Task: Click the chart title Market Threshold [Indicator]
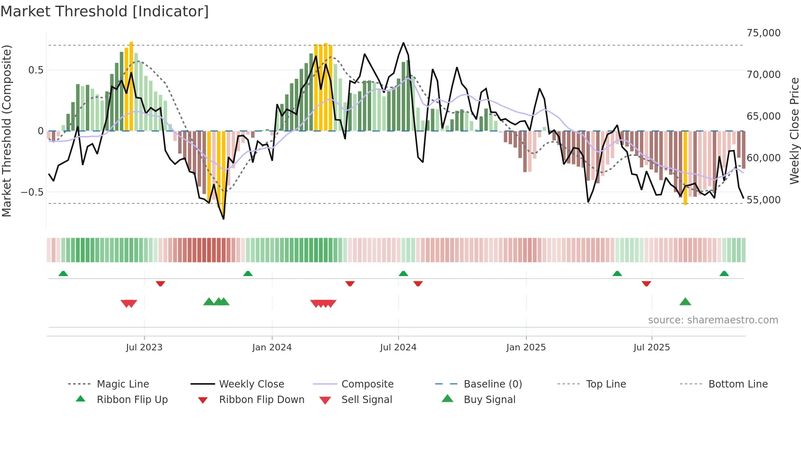105,11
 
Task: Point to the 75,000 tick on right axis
763,33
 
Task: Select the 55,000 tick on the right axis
763,200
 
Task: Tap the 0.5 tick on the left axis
36,70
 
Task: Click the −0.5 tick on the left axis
32,192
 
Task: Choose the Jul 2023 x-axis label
144,348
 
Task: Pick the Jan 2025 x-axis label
526,348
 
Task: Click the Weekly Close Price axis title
794,131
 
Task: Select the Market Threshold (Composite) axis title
7,131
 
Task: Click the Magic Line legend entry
123,384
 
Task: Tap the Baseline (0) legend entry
492,384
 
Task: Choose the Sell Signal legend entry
367,400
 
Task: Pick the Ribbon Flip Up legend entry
132,400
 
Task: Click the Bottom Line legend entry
738,384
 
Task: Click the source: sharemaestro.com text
713,320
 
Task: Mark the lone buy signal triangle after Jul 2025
685,302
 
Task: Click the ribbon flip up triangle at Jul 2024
403,274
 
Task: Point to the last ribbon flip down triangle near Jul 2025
646,283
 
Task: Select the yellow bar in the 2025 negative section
685,167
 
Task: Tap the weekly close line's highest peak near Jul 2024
403,43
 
